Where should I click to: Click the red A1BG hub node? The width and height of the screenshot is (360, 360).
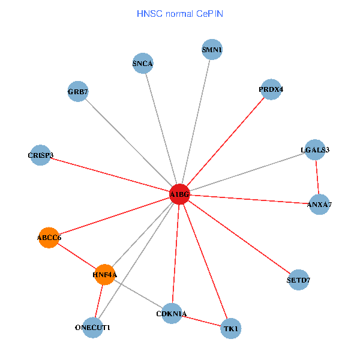(x=179, y=194)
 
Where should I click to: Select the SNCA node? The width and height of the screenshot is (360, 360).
(x=143, y=64)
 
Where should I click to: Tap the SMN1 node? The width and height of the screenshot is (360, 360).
(x=212, y=50)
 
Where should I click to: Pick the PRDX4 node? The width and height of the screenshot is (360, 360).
(x=271, y=89)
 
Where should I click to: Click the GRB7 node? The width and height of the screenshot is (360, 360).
(x=78, y=92)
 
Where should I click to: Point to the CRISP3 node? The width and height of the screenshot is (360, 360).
(x=40, y=155)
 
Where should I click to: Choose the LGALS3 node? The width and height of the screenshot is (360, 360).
(x=315, y=149)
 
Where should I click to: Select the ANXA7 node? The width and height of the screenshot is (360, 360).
(x=319, y=205)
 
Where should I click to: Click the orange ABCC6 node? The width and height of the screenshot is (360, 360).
(x=49, y=238)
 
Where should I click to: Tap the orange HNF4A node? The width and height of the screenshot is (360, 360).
(x=105, y=274)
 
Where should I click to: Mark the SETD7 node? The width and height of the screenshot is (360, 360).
(x=299, y=280)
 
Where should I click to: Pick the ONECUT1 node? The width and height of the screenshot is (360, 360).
(x=93, y=328)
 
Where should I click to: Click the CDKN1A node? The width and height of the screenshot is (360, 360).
(x=172, y=314)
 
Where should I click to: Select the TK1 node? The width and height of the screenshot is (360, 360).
(x=231, y=329)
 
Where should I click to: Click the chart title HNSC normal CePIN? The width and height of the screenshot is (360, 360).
(x=180, y=13)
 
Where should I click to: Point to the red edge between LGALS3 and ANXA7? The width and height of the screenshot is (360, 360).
(x=317, y=177)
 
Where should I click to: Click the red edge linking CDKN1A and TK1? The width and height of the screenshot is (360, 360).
(x=202, y=322)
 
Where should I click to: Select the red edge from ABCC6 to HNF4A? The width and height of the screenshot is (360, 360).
(x=77, y=256)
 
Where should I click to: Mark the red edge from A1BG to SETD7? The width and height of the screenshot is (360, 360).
(x=240, y=238)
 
